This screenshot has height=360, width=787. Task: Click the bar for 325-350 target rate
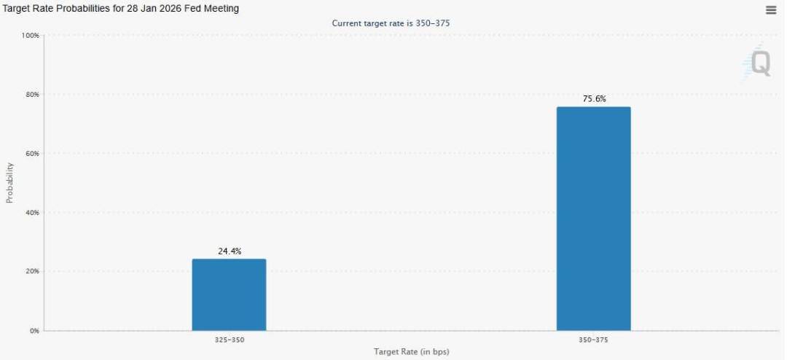click(229, 294)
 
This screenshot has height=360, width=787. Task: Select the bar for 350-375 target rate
click(593, 219)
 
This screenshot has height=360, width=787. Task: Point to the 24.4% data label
click(229, 251)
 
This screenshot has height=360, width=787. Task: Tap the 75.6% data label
click(594, 99)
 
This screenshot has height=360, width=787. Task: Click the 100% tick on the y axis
click(31, 36)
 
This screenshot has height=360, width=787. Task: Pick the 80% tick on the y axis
click(32, 95)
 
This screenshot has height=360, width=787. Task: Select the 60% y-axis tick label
click(32, 154)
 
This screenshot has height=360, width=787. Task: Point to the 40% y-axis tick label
click(32, 213)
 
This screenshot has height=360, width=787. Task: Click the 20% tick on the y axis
click(32, 271)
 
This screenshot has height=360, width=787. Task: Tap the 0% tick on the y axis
click(35, 331)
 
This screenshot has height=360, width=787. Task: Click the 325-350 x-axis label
click(229, 340)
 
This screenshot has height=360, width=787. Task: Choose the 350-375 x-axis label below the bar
click(593, 340)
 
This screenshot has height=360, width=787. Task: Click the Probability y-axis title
click(9, 182)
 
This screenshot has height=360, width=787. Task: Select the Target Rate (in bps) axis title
click(411, 352)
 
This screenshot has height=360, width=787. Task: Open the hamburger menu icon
click(771, 10)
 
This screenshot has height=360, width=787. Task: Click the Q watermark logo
click(759, 64)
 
